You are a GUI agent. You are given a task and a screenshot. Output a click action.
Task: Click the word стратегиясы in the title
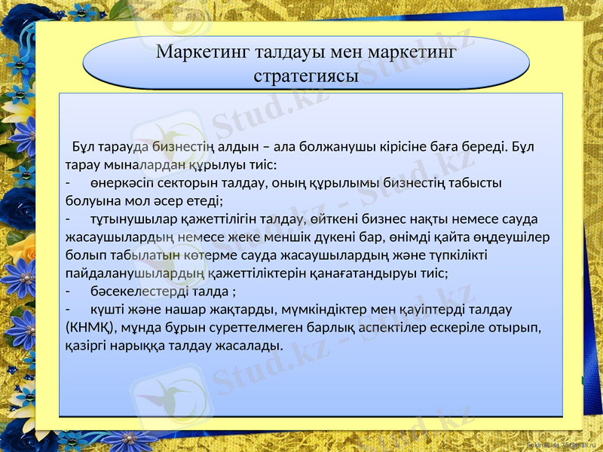(x=306, y=76)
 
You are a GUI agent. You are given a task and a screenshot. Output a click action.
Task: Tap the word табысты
(x=476, y=182)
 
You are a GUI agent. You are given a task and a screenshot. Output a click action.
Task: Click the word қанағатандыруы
(x=365, y=273)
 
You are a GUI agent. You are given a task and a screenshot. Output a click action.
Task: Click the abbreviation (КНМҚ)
(x=90, y=328)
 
